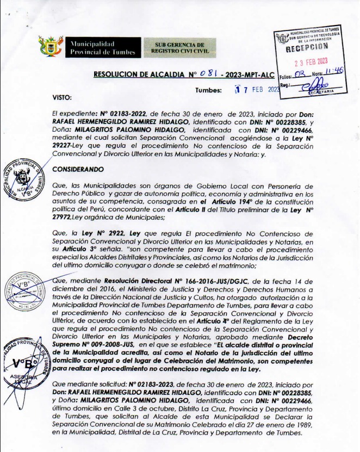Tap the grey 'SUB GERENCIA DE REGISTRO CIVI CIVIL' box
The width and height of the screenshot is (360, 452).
click(x=171, y=47)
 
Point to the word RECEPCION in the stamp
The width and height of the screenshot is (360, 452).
click(x=308, y=47)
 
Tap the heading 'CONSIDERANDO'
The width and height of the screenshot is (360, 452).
click(x=77, y=169)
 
